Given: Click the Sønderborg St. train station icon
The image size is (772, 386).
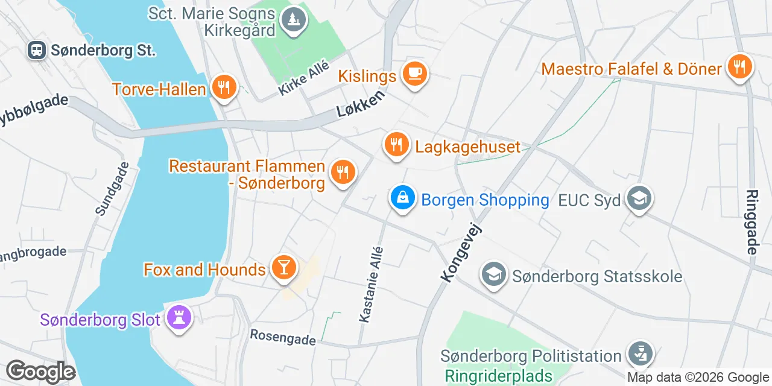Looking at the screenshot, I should (x=37, y=50).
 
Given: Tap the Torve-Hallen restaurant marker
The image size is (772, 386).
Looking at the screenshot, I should (x=224, y=88).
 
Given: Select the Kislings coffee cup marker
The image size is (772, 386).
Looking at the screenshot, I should (x=414, y=74).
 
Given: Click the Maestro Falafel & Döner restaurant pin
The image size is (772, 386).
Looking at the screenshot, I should (x=739, y=67).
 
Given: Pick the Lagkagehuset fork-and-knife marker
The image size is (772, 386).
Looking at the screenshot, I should (x=396, y=145).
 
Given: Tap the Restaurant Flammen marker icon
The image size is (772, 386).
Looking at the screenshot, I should (x=343, y=172).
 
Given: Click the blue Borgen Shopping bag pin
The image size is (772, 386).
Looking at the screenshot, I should (x=402, y=197).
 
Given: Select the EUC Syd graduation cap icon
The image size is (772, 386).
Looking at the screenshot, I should (x=639, y=198).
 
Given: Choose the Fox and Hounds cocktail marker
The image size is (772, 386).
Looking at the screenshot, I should (x=283, y=267).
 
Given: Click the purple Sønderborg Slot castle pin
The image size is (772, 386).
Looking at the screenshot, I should (x=179, y=317).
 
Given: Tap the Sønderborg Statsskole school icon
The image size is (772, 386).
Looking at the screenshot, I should (x=494, y=275).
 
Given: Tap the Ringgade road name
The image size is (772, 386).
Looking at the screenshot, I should (x=752, y=222).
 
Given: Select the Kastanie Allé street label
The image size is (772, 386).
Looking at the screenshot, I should (x=372, y=284).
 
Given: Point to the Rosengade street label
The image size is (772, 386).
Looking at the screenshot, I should (x=283, y=337).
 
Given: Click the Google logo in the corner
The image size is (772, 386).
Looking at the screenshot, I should (x=40, y=372).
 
